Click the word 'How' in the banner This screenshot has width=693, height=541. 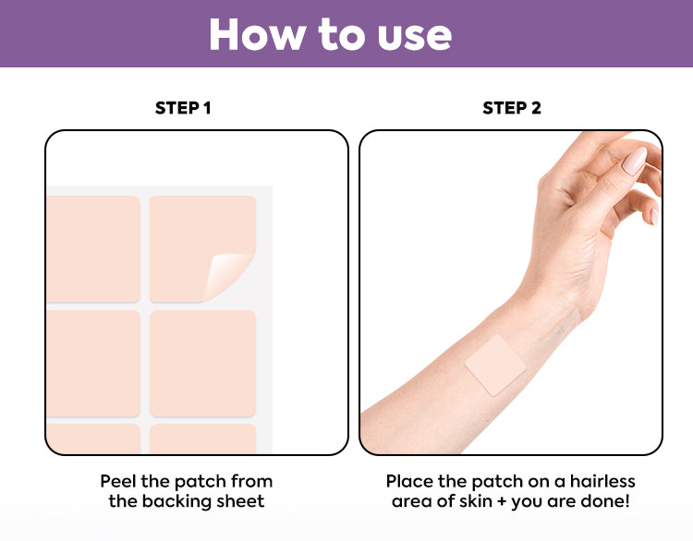[x=257, y=34]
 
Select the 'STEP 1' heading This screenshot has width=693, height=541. [x=183, y=108]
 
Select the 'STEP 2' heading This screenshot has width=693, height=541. [x=512, y=108]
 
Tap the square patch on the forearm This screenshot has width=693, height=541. [x=495, y=365]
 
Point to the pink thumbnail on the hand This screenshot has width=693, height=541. [x=634, y=161]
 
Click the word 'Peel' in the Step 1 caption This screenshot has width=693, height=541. [x=118, y=481]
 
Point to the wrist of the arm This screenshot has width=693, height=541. [x=552, y=305]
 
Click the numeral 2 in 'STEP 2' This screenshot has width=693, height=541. [x=536, y=108]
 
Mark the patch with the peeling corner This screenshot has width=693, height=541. [x=203, y=249]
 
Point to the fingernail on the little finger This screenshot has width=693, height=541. [x=654, y=216]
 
